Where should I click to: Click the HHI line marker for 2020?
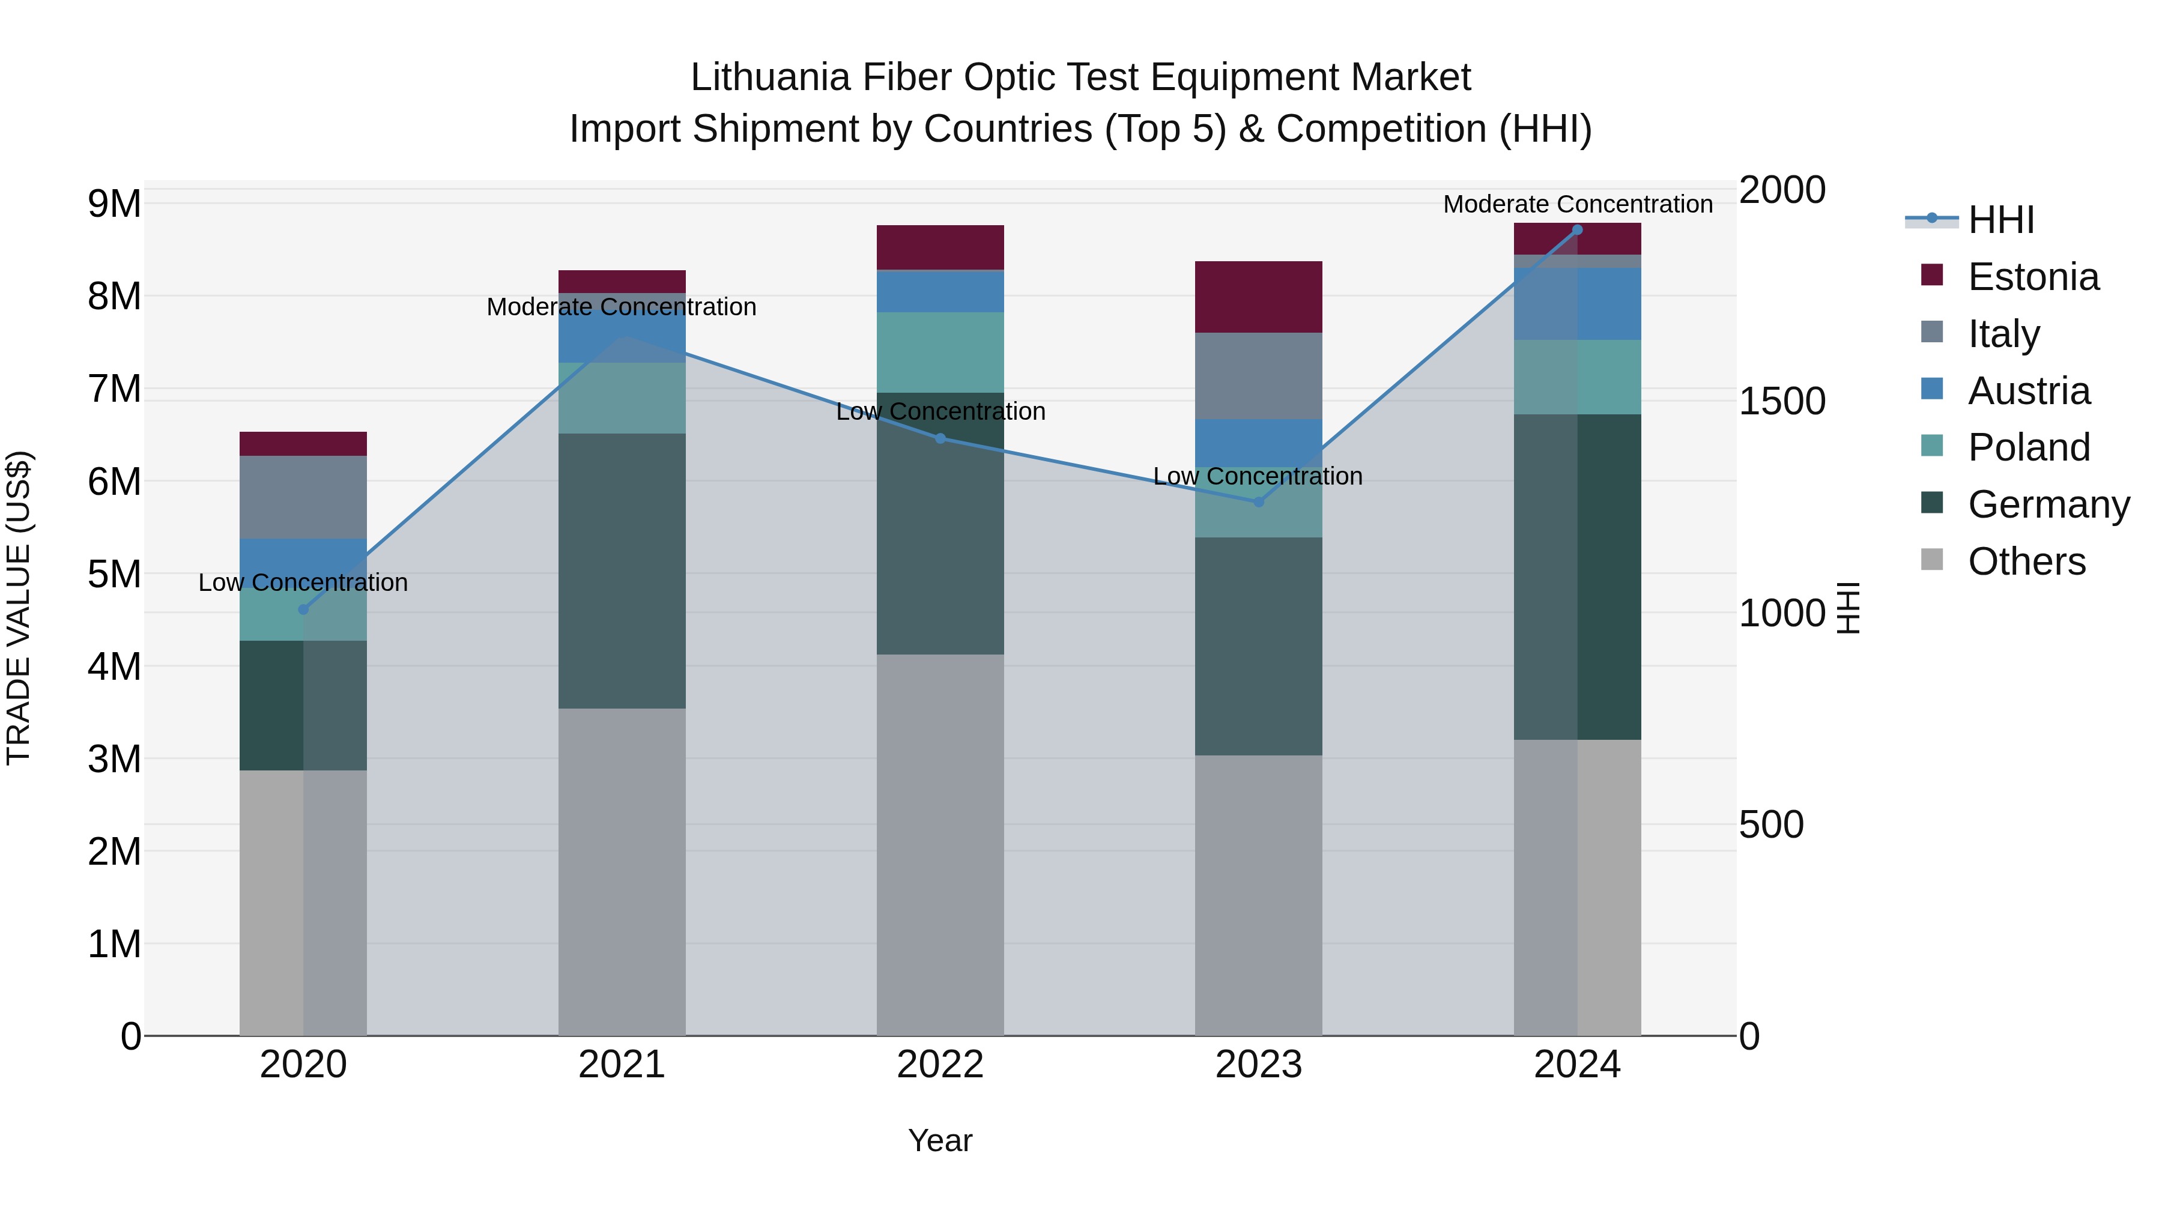303,610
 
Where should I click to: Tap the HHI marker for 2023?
1258,502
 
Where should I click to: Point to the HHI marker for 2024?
1577,230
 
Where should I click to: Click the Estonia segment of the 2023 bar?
1258,297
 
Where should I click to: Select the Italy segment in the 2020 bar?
303,497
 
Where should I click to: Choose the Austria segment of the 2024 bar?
1577,304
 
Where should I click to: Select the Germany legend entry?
2048,504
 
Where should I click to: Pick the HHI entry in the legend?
2001,220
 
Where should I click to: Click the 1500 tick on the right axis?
1782,401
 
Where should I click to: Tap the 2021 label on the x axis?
622,1065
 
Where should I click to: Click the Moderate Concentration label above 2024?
1577,204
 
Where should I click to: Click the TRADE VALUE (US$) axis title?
19,608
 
